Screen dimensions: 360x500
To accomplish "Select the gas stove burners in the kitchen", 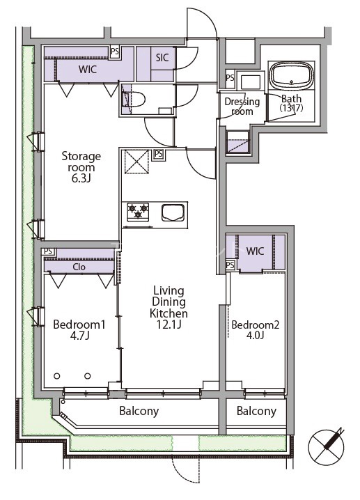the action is point(138,212).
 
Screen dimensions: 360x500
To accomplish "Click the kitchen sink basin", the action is point(173,212).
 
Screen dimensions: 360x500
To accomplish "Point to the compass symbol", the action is point(327,446).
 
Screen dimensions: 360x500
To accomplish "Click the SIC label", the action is point(162,58).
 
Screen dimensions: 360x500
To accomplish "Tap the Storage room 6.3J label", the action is point(81,167).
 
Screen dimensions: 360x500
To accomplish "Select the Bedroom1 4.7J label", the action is point(79,329).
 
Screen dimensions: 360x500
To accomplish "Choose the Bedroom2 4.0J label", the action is point(255,329).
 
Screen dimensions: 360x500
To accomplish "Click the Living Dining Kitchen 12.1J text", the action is point(169,307).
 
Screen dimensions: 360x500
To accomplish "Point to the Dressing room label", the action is point(242,106).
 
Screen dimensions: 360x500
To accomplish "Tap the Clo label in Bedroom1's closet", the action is point(79,267).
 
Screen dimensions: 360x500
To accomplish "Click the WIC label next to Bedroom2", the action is point(255,251).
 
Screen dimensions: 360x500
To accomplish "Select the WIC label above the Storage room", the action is point(88,69).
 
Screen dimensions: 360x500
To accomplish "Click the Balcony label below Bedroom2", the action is point(256,412).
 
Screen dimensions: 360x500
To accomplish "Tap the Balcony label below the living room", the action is point(139,411).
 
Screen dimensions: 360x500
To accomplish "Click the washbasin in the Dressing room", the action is point(250,81).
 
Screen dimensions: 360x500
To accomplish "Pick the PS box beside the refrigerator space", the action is point(159,155).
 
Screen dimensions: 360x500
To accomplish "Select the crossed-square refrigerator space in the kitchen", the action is point(136,162).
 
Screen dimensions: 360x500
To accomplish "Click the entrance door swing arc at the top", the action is point(202,22).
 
